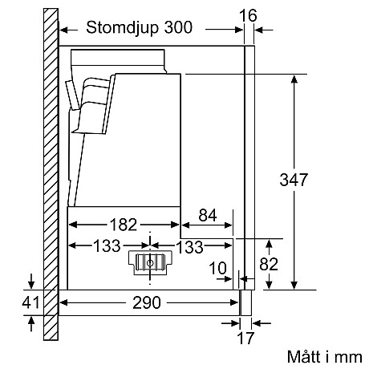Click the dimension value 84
point(206,216)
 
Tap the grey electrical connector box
point(149,262)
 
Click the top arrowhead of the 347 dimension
point(297,79)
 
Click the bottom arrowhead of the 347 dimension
point(297,284)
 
